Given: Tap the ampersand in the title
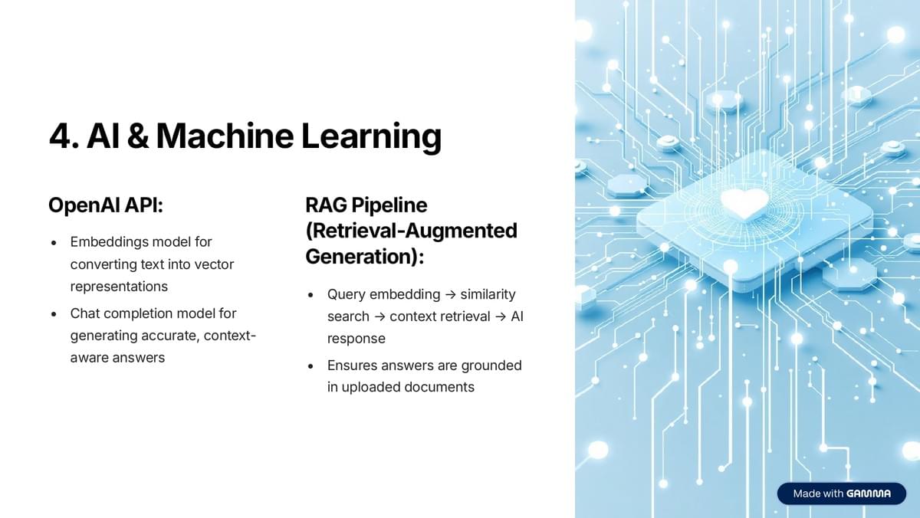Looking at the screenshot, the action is pyautogui.click(x=137, y=136).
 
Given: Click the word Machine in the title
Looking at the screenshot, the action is pyautogui.click(x=225, y=136).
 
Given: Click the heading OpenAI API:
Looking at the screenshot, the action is pyautogui.click(x=106, y=205).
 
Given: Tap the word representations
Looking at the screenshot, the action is pyautogui.click(x=119, y=287).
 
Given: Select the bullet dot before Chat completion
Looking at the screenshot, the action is pyautogui.click(x=54, y=314).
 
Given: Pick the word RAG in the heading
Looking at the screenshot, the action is pyautogui.click(x=326, y=205).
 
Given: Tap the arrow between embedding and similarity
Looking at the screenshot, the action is pyautogui.click(x=450, y=295).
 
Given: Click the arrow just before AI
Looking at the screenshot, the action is pyautogui.click(x=500, y=317).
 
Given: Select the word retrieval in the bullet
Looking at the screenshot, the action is pyautogui.click(x=465, y=316).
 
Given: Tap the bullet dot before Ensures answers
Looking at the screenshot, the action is pyautogui.click(x=310, y=366).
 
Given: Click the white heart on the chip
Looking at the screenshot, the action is pyautogui.click(x=744, y=204).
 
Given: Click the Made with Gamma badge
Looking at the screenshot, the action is pyautogui.click(x=842, y=493).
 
